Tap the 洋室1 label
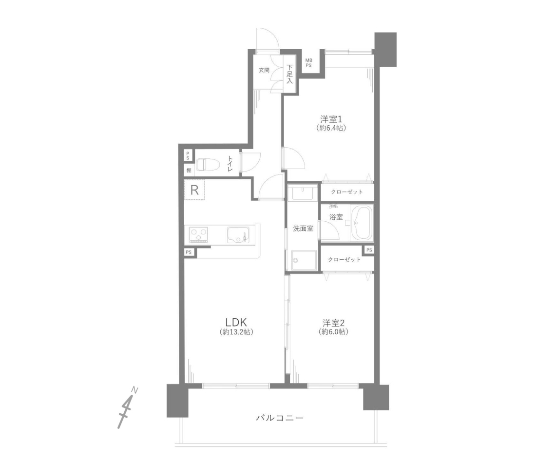(331, 119)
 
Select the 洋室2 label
(333, 323)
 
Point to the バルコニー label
(280, 418)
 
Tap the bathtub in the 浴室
(362, 223)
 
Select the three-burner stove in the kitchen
(199, 235)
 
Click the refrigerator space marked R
(194, 190)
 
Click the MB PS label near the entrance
(308, 63)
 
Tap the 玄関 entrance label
(264, 70)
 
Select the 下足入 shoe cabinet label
(290, 74)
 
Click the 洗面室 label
(303, 229)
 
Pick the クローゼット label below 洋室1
(346, 192)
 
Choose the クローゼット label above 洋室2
(344, 260)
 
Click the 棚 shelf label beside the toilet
(189, 170)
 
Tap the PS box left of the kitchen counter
(189, 252)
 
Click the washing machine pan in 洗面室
(304, 261)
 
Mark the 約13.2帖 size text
(236, 332)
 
